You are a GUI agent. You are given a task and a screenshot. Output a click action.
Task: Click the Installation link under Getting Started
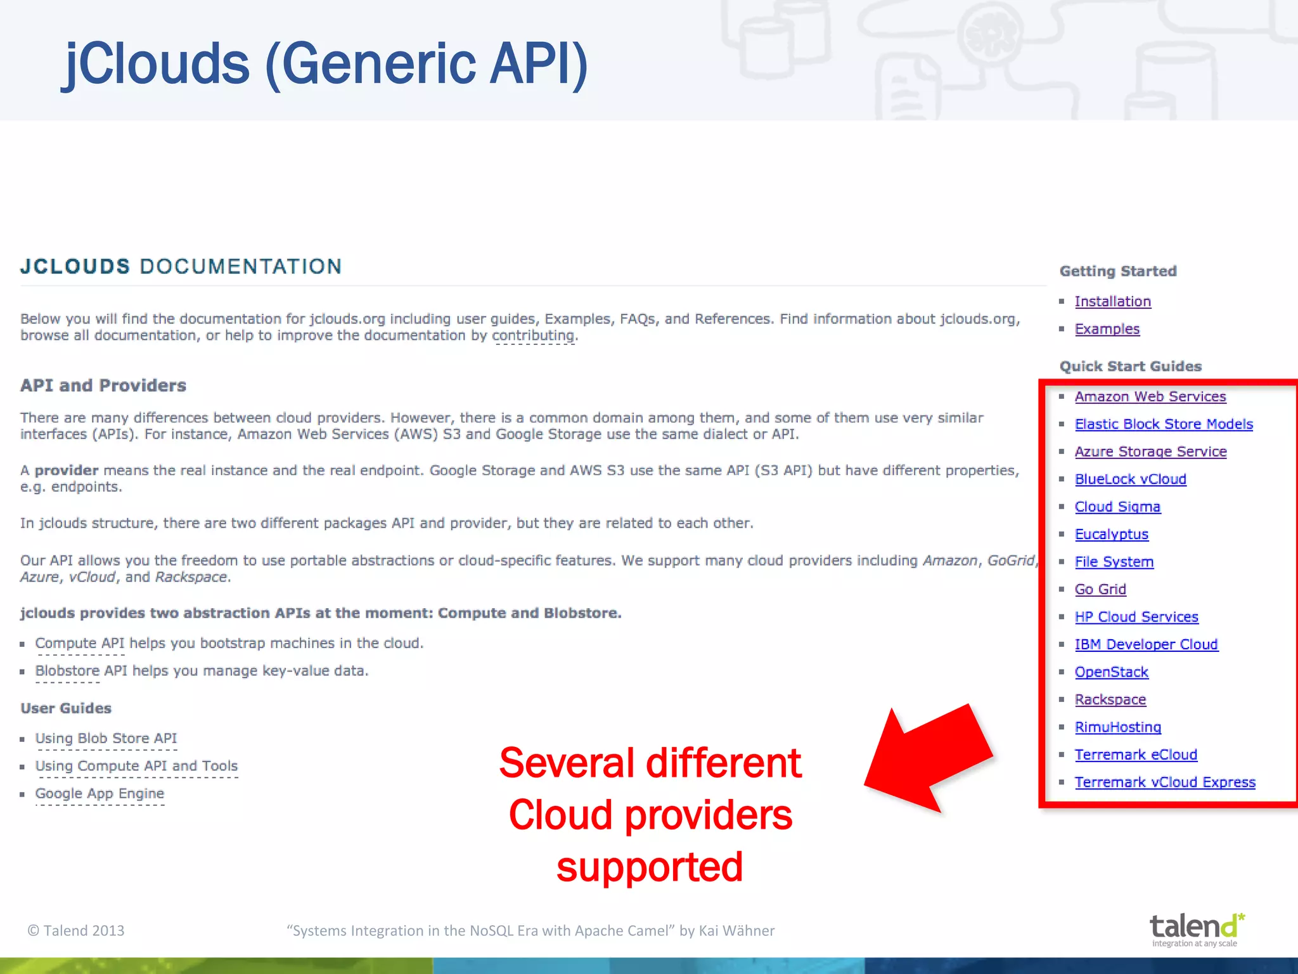point(1112,302)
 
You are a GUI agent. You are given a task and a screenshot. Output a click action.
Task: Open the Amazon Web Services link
point(1150,397)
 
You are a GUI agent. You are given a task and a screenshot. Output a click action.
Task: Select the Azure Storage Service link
point(1150,451)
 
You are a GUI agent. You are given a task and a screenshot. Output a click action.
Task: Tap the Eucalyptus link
point(1111,535)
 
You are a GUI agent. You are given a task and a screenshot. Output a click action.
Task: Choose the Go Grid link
point(1100,590)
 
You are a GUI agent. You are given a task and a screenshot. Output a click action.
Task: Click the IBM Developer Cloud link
point(1146,645)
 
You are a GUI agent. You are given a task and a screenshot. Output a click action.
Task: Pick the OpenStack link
point(1111,672)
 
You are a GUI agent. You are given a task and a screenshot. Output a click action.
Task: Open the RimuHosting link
point(1117,727)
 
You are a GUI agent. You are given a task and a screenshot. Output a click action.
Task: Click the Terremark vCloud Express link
point(1165,782)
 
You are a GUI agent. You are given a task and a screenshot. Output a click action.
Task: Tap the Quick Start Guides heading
point(1130,367)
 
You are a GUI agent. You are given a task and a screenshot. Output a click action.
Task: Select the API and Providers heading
point(103,386)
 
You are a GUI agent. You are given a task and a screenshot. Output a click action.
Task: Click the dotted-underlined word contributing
point(533,335)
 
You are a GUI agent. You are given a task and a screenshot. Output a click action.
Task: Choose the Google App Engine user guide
point(100,794)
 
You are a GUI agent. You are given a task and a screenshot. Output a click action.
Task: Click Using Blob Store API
point(106,739)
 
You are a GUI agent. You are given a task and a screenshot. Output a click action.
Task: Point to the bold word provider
point(67,471)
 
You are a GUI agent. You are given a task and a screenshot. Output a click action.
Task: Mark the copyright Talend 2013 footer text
point(76,930)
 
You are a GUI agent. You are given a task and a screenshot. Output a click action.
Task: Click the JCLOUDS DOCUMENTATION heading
point(181,266)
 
